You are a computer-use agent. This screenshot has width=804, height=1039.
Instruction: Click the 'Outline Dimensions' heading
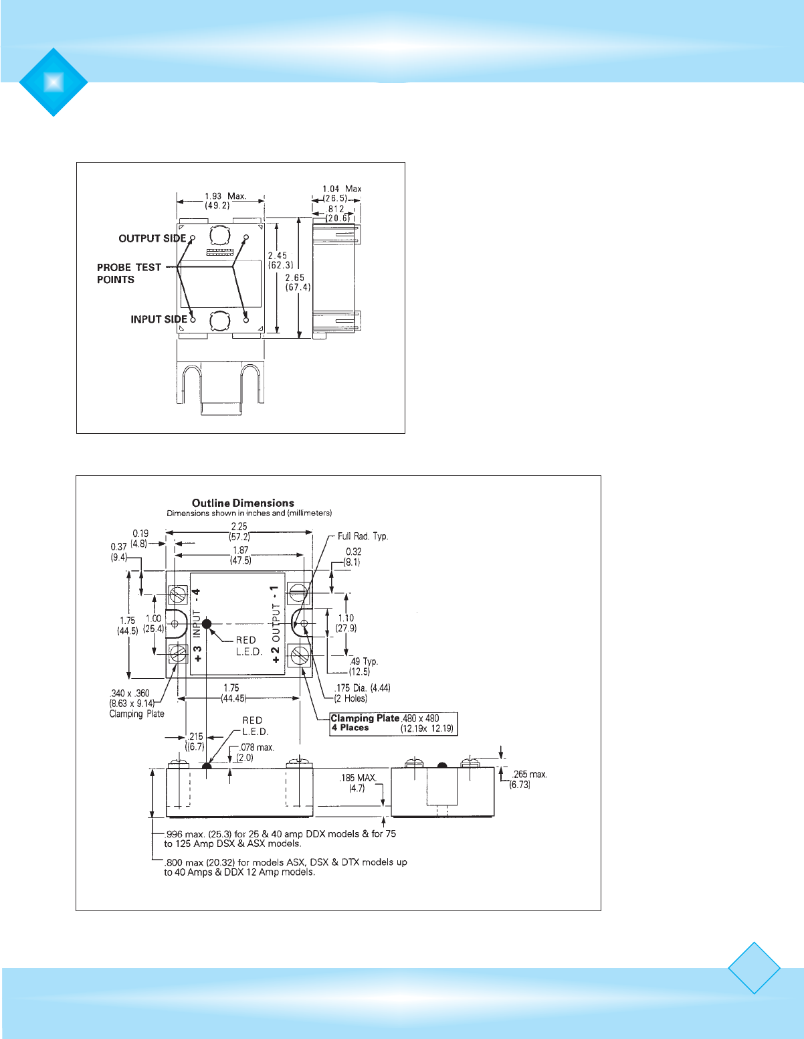pyautogui.click(x=243, y=503)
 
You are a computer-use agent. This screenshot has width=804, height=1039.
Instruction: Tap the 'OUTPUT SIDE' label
pyautogui.click(x=152, y=238)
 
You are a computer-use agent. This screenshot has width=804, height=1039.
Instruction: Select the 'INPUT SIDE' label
pyautogui.click(x=159, y=319)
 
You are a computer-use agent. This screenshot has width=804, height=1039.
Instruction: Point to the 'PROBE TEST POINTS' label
pyautogui.click(x=128, y=273)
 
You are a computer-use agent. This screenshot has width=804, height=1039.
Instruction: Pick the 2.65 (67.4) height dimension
pyautogui.click(x=294, y=283)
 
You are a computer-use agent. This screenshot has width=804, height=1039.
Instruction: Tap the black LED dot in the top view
pyautogui.click(x=207, y=624)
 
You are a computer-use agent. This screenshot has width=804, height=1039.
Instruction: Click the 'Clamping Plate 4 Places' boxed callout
pyautogui.click(x=394, y=723)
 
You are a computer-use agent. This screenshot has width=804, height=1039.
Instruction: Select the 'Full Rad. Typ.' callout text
pyautogui.click(x=363, y=536)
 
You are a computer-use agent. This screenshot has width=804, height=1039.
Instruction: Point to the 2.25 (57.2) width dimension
pyautogui.click(x=239, y=532)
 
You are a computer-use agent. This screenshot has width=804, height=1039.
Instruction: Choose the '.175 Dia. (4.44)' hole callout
pyautogui.click(x=362, y=693)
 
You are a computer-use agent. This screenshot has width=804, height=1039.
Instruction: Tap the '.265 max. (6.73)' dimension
pyautogui.click(x=529, y=779)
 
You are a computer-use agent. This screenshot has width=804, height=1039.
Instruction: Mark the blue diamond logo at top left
pyautogui.click(x=54, y=82)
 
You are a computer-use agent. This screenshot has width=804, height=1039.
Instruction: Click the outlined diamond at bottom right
pyautogui.click(x=754, y=968)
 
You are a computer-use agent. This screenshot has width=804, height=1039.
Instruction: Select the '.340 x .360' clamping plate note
pyautogui.click(x=133, y=703)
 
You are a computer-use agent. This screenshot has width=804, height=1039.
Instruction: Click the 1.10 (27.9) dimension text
pyautogui.click(x=346, y=623)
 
